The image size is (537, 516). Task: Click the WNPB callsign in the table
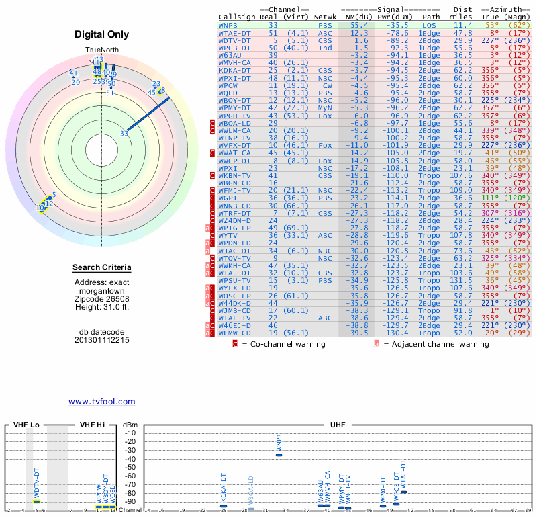click(229, 24)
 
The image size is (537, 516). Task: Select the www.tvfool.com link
click(101, 402)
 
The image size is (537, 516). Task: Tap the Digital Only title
click(102, 34)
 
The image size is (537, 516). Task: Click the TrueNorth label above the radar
click(102, 50)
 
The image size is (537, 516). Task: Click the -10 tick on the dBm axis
click(130, 433)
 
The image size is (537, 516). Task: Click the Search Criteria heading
click(102, 268)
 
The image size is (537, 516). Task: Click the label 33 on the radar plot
click(124, 133)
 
